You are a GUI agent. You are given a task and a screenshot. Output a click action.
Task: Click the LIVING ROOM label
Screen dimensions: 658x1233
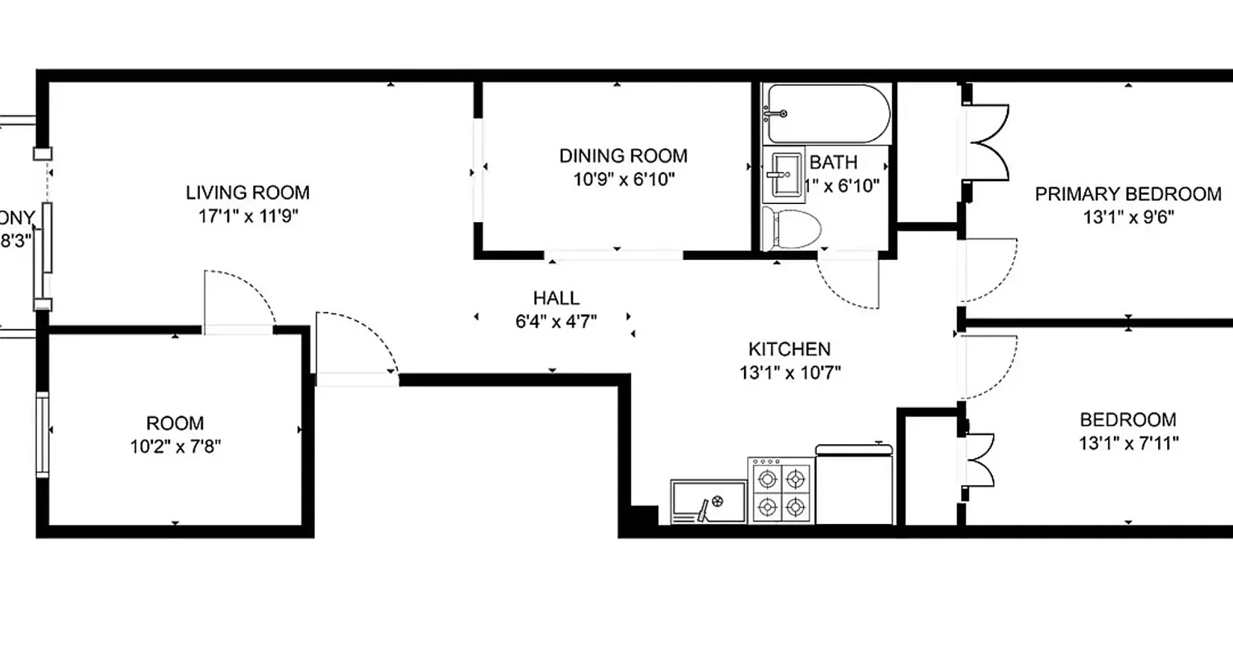(247, 193)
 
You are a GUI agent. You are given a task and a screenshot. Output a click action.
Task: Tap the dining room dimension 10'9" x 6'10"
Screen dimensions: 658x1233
(624, 178)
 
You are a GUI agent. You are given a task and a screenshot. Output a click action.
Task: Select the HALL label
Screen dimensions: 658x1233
(556, 298)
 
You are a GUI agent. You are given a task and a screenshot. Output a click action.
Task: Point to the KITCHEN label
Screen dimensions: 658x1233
(789, 349)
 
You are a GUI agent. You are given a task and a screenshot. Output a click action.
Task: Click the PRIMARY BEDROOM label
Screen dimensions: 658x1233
(1128, 194)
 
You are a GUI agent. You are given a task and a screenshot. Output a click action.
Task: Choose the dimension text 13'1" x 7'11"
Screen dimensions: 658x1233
(1129, 443)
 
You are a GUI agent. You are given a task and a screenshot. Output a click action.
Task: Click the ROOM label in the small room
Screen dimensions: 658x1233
(174, 424)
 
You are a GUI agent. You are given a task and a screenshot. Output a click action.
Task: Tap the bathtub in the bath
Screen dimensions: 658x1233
(826, 114)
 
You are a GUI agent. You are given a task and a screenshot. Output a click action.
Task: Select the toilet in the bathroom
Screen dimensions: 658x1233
(791, 229)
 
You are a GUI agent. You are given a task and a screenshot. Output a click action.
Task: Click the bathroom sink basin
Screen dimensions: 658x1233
(786, 174)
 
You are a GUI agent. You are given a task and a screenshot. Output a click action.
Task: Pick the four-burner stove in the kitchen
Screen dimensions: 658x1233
(780, 491)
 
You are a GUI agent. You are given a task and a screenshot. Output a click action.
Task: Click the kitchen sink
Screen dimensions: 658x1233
(709, 503)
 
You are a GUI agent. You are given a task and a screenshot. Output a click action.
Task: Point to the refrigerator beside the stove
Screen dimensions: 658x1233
(854, 484)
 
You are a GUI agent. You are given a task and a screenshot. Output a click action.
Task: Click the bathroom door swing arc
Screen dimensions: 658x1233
(847, 284)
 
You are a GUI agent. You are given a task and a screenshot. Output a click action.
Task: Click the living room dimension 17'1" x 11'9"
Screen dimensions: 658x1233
(247, 217)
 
